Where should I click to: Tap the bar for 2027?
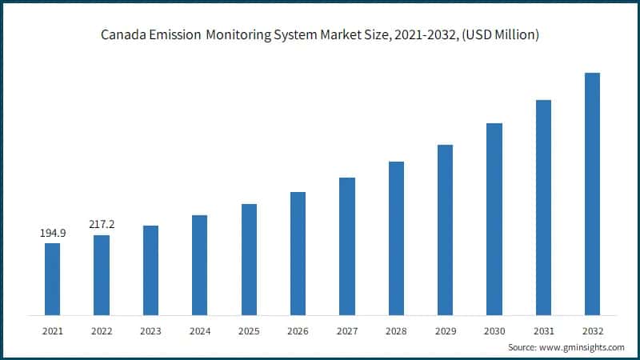pyautogui.click(x=346, y=246)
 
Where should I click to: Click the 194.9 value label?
pyautogui.click(x=53, y=233)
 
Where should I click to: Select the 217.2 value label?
pyautogui.click(x=102, y=224)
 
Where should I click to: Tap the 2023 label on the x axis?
pyautogui.click(x=150, y=330)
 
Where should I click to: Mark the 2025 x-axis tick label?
pyautogui.click(x=249, y=330)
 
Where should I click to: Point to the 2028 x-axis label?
pyautogui.click(x=396, y=330)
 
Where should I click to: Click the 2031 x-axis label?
pyautogui.click(x=543, y=330)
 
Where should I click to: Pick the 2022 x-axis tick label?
pyautogui.click(x=102, y=330)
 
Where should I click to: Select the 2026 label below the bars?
pyautogui.click(x=298, y=330)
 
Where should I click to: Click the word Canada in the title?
pyautogui.click(x=122, y=35)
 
